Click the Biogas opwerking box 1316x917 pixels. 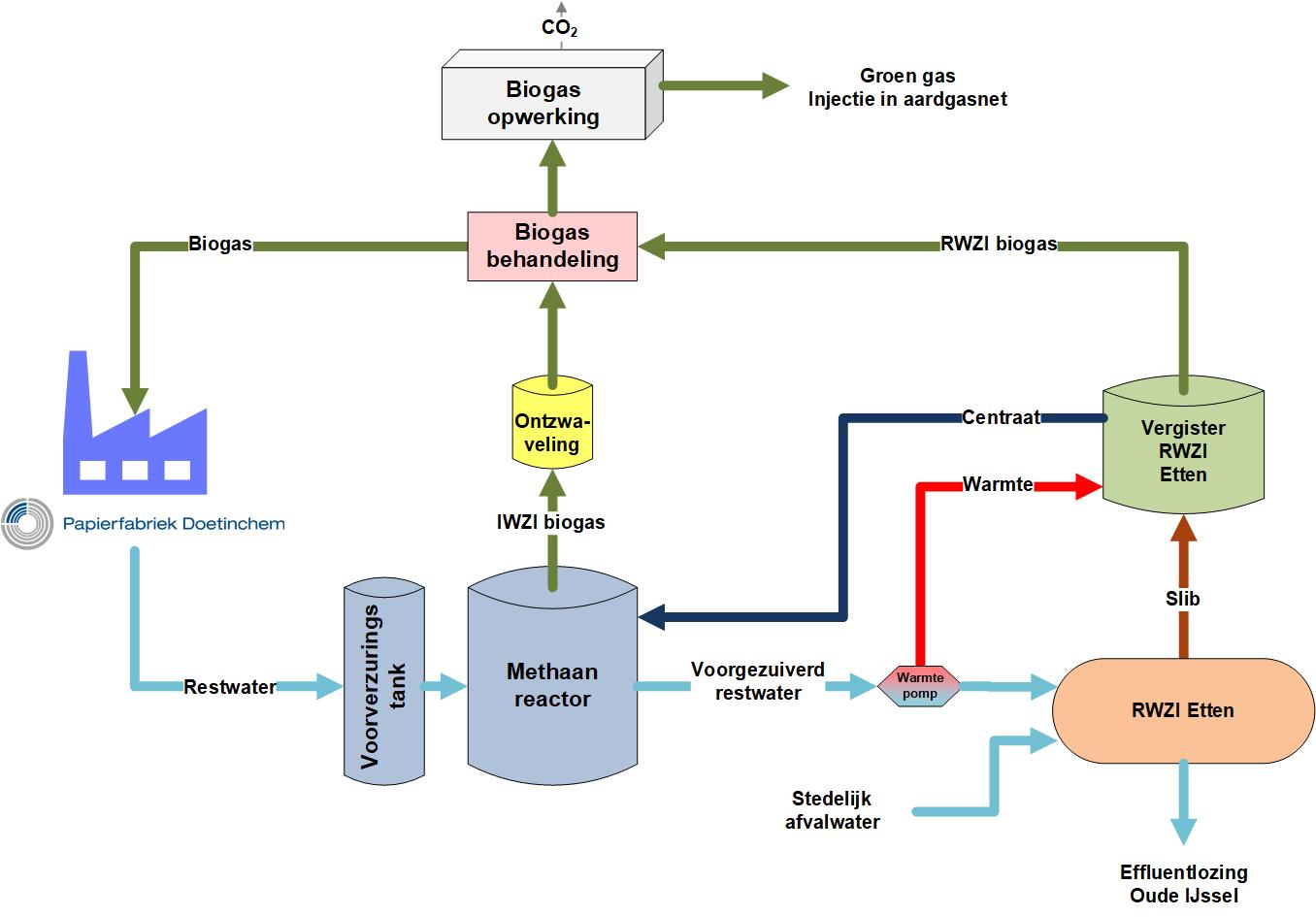(543, 103)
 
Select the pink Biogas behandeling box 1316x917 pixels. (552, 246)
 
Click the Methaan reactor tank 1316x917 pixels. (552, 684)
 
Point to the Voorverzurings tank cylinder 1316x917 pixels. (384, 679)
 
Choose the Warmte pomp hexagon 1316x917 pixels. (918, 685)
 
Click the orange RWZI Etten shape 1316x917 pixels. (1182, 710)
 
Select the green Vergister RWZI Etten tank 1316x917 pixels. (1183, 450)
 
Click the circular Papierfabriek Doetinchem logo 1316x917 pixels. (26, 524)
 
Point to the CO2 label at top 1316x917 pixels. (559, 28)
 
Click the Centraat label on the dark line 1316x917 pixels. (1001, 417)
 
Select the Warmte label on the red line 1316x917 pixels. (997, 483)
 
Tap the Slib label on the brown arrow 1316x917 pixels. (1182, 599)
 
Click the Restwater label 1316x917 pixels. (230, 687)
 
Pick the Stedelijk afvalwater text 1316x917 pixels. (832, 810)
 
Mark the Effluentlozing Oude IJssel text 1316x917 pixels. (1183, 883)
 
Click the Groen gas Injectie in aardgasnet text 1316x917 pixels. (907, 87)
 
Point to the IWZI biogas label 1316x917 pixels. (550, 522)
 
